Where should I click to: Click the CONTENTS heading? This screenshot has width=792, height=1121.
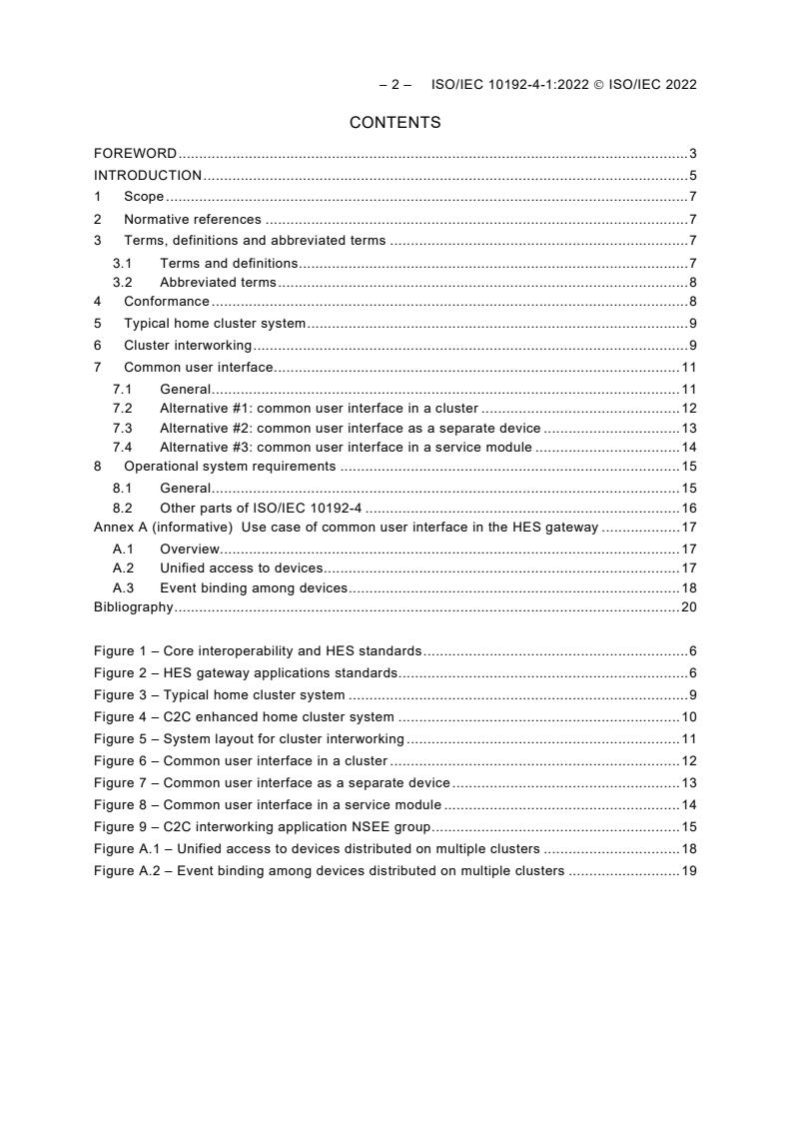pos(395,123)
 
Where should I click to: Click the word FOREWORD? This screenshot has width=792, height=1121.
pos(135,153)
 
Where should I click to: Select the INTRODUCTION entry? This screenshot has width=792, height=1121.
pos(148,175)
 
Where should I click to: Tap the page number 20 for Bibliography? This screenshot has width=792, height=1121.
pos(688,606)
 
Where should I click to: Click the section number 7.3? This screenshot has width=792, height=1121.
pos(122,428)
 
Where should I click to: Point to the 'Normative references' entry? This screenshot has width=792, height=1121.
pos(193,219)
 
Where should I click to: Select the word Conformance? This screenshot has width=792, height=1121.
pos(167,301)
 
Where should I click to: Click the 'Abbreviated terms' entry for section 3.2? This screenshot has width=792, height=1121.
pos(218,282)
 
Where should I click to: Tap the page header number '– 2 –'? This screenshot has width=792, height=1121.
pos(396,85)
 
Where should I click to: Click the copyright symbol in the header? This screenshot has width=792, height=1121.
pos(600,85)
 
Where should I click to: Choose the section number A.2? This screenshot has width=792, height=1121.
pos(122,567)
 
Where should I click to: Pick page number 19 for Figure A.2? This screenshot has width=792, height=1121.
pos(688,870)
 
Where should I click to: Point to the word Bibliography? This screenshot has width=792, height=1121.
pos(133,606)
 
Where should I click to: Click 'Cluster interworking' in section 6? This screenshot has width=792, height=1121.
pos(188,345)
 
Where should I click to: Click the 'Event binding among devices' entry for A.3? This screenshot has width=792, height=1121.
pos(254,587)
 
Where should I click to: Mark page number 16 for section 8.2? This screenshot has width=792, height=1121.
pos(688,508)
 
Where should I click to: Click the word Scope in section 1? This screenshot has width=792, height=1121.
pos(144,197)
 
